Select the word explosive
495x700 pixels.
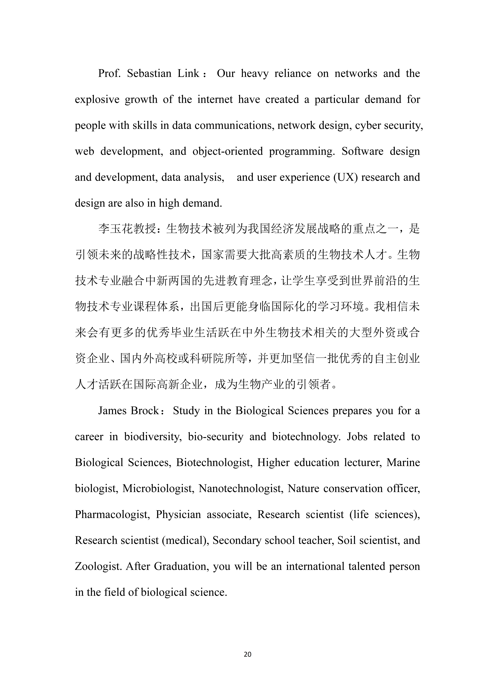point(97,100)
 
